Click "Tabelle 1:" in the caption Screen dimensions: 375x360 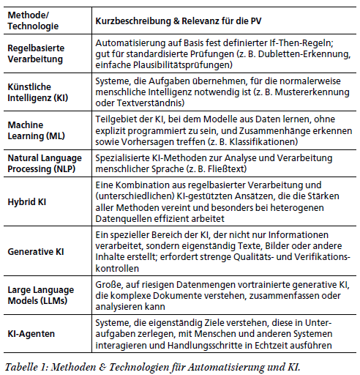click(x=28, y=363)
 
